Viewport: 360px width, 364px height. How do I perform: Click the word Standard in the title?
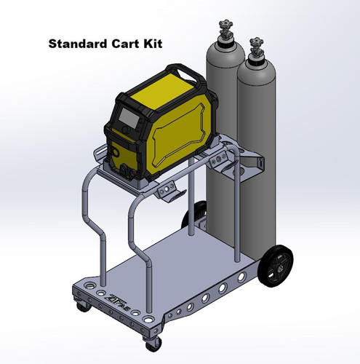pos(77,44)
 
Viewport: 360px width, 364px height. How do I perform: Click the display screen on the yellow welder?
pos(129,116)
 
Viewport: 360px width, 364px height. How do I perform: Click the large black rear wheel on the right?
pos(276,263)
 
